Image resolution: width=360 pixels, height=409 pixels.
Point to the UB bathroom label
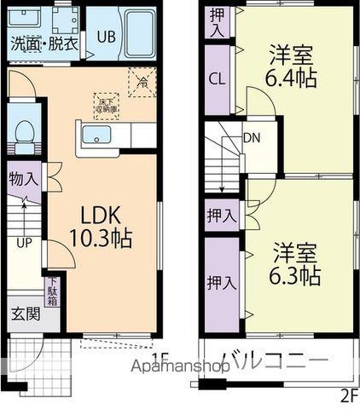[x=106, y=37]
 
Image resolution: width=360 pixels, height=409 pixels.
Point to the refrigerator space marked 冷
[x=142, y=83]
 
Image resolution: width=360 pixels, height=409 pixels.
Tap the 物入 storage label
[x=23, y=180]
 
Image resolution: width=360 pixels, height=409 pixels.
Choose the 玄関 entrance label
[x=25, y=313]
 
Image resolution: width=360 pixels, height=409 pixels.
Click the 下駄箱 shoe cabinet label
[x=53, y=291]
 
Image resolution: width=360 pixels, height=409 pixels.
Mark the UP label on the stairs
[x=24, y=241]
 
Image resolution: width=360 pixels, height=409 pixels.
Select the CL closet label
[x=218, y=78]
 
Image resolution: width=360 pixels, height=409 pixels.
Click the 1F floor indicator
[x=161, y=359]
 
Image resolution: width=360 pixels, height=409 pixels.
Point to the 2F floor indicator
[x=348, y=395]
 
